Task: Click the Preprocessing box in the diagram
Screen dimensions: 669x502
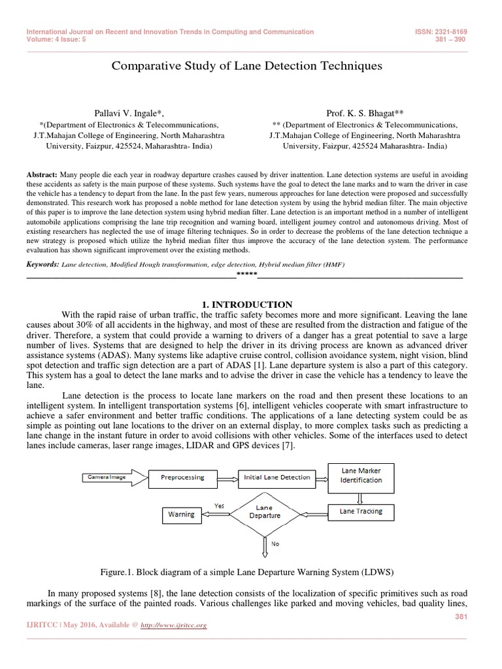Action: (x=182, y=478)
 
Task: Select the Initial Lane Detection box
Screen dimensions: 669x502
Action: (x=276, y=478)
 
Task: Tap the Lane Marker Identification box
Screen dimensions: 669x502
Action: (x=361, y=475)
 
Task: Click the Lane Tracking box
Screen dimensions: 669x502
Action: (x=361, y=511)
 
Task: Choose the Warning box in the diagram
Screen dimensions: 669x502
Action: (x=181, y=514)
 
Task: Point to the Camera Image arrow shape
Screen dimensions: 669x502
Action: (x=107, y=478)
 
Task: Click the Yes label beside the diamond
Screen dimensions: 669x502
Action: (x=220, y=505)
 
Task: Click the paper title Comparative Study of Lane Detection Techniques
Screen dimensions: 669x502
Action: (x=247, y=66)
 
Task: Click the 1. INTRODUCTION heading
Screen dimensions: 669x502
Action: (x=246, y=304)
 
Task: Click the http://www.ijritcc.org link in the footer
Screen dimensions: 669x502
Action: (x=175, y=625)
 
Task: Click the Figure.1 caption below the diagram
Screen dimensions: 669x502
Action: (x=247, y=572)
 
